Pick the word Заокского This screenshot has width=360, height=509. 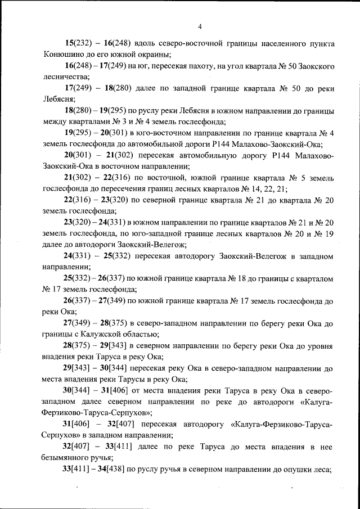pos(313,66)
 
